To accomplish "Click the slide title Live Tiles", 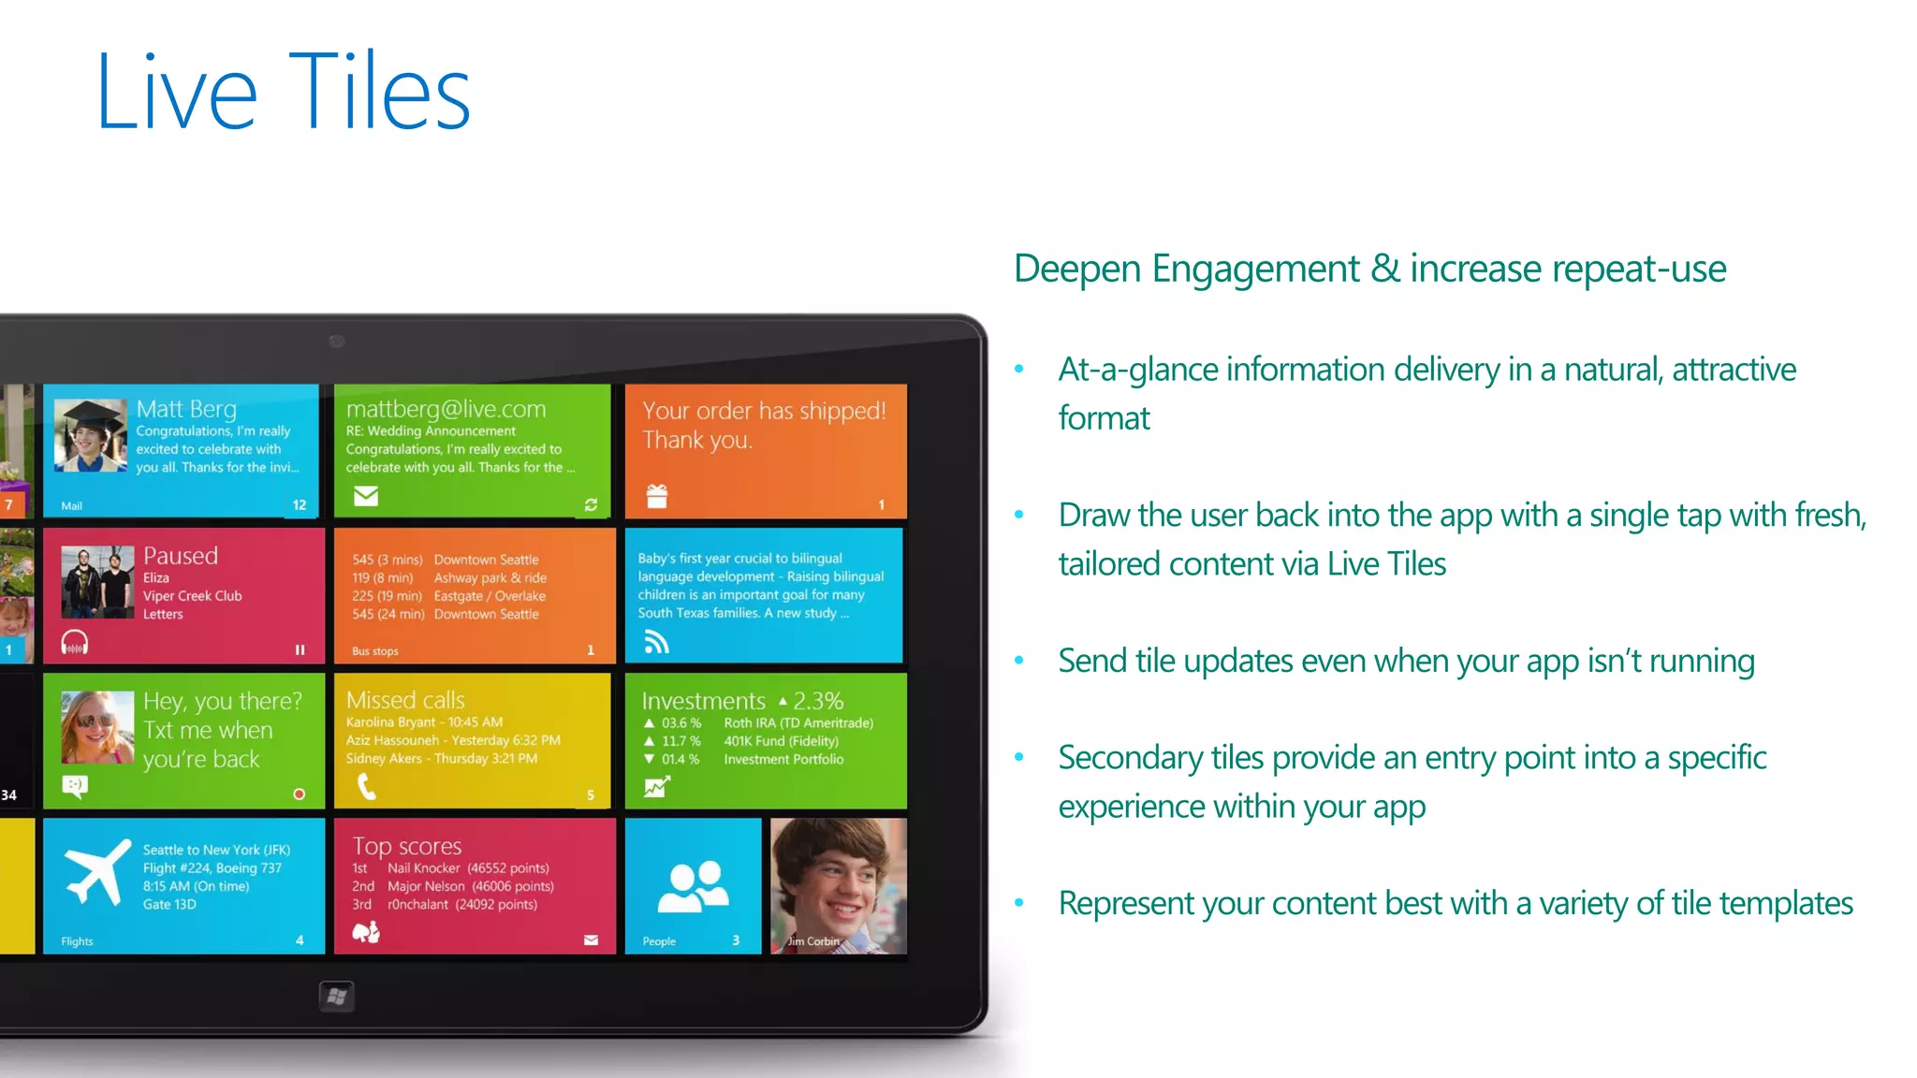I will (x=283, y=92).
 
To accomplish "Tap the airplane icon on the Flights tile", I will (x=98, y=872).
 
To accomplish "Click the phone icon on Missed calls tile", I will (x=367, y=788).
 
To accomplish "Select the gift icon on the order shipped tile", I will (x=657, y=496).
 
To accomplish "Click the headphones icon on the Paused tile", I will (x=75, y=643).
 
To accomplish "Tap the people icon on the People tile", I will (x=693, y=885).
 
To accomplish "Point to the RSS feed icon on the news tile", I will (x=656, y=642).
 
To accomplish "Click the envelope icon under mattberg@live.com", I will (x=366, y=496).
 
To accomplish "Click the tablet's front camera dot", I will (x=337, y=342).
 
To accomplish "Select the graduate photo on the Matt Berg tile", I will (x=90, y=435).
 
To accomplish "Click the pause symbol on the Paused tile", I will (x=300, y=649).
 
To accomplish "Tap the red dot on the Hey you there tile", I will (x=300, y=794).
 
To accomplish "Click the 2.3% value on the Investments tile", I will (x=818, y=701).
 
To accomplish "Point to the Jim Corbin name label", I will (x=812, y=941).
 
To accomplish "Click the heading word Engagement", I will (x=1255, y=269).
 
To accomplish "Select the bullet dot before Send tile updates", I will (x=1019, y=661).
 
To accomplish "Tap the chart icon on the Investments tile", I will (x=656, y=788).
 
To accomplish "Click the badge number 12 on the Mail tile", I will (x=300, y=505).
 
